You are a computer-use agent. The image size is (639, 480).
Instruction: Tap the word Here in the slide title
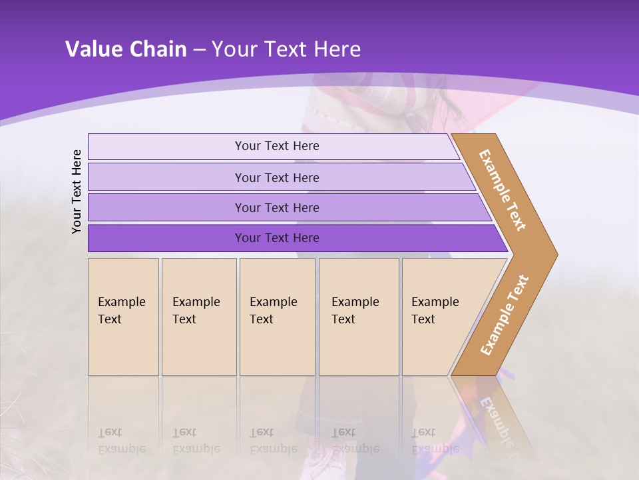tap(337, 49)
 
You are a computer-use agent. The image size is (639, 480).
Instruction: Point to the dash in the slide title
tap(199, 50)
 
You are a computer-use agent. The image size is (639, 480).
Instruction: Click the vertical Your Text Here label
tap(77, 191)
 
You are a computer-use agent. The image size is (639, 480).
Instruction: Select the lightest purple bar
tap(273, 146)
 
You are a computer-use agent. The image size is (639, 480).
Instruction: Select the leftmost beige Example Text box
tap(123, 317)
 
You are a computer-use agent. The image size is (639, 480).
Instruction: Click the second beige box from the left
tap(198, 317)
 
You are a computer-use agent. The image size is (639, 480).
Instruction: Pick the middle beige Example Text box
tap(277, 317)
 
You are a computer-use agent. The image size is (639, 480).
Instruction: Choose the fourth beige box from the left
tap(359, 317)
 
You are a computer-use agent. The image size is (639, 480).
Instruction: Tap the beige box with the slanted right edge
tap(439, 317)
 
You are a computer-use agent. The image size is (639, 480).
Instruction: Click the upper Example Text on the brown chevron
tap(503, 190)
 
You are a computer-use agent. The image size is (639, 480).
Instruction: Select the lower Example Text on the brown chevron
tap(505, 315)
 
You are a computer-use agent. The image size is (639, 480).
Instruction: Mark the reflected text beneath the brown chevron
tap(496, 420)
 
